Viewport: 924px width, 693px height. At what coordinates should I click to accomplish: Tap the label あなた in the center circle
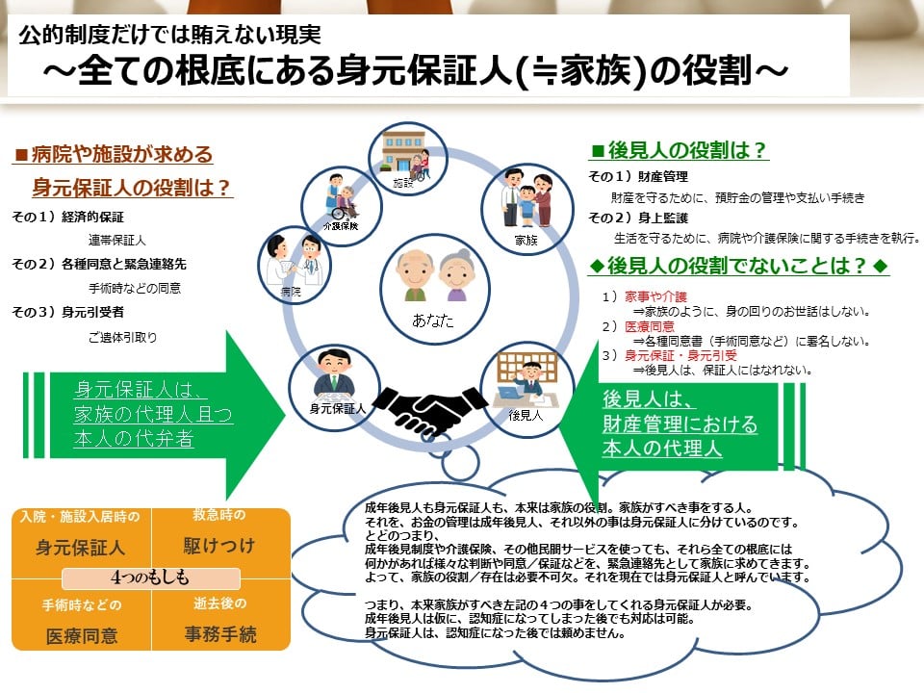[x=433, y=321]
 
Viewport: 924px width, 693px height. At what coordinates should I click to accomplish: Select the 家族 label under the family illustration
[x=526, y=240]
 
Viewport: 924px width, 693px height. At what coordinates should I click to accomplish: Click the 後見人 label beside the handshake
[x=526, y=416]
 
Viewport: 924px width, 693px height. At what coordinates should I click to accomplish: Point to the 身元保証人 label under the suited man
[x=338, y=408]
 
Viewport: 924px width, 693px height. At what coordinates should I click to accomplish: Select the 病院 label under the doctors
[x=291, y=291]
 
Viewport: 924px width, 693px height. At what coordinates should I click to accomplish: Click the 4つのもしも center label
[x=150, y=577]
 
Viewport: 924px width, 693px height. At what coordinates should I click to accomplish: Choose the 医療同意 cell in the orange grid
[x=82, y=636]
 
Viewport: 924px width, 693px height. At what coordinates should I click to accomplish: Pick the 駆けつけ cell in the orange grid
[x=219, y=546]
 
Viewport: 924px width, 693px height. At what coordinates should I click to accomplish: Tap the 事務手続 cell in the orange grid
[x=220, y=634]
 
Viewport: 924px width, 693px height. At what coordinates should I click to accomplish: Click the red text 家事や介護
[x=655, y=296]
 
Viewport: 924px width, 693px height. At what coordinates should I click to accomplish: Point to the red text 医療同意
[x=650, y=326]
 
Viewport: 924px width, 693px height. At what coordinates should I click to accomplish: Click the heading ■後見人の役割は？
[x=679, y=150]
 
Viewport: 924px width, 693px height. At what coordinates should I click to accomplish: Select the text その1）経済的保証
[x=67, y=217]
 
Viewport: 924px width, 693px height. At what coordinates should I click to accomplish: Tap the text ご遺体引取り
[x=122, y=337]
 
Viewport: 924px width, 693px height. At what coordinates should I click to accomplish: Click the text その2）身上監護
[x=638, y=218]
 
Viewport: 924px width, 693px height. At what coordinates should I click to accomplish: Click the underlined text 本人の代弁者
[x=134, y=439]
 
